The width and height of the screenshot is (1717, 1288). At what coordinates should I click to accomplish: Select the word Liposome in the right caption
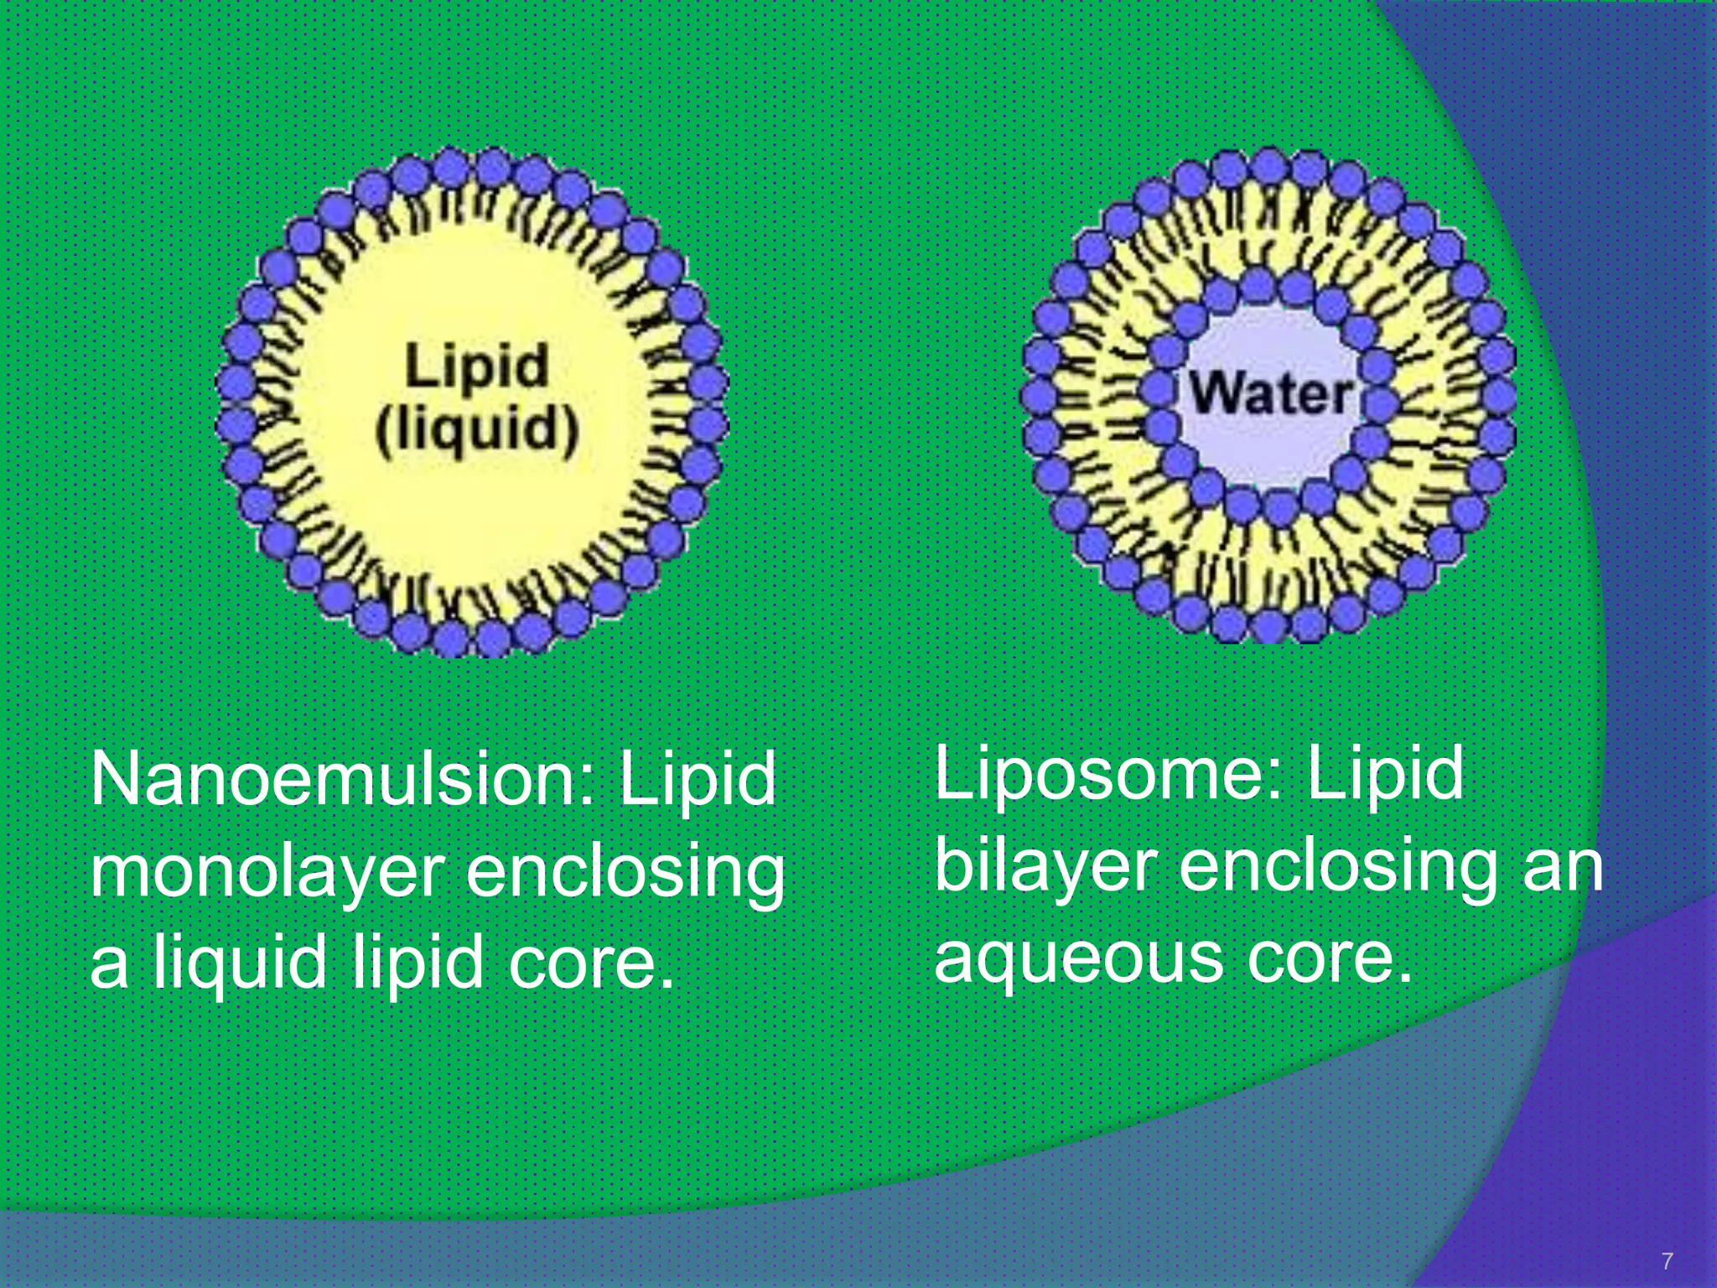[x=1107, y=773]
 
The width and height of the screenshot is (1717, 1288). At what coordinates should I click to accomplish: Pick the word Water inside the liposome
[x=1271, y=394]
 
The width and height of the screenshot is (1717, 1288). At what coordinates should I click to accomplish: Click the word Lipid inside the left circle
[x=477, y=366]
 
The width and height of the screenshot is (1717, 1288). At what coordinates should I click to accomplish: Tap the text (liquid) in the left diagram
[x=477, y=431]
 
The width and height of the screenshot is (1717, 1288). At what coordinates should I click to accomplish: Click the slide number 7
[x=1667, y=1261]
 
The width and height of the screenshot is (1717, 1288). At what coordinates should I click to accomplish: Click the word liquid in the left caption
[x=240, y=964]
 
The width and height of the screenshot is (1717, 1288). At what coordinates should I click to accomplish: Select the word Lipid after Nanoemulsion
[x=698, y=780]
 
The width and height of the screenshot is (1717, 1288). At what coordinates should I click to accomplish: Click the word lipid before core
[x=418, y=964]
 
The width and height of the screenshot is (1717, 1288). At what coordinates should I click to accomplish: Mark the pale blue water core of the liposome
[x=1271, y=352]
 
